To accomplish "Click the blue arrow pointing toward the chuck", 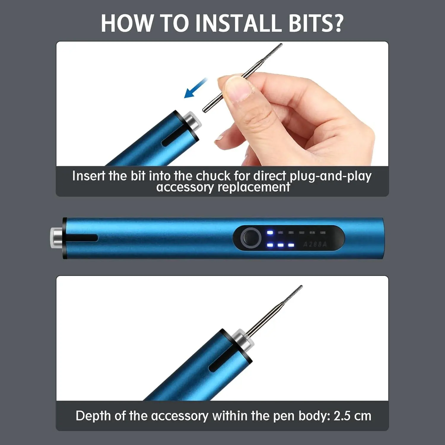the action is (x=196, y=88).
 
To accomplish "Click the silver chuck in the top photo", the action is (x=192, y=122).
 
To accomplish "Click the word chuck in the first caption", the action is (x=213, y=176).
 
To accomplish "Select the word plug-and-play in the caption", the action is (x=330, y=177).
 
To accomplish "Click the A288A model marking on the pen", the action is (x=315, y=244).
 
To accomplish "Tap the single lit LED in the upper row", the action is (x=270, y=232).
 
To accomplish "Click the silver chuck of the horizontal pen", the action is (x=56, y=238).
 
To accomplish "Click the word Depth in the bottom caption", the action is (x=93, y=416).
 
